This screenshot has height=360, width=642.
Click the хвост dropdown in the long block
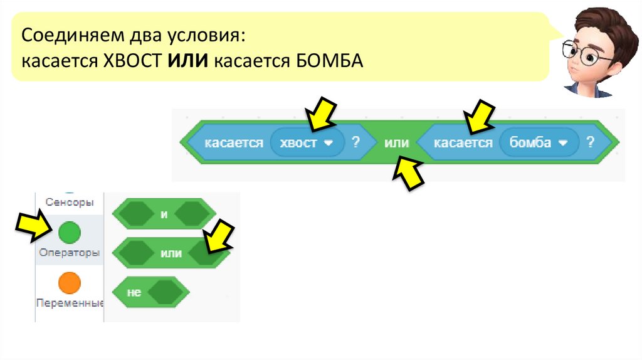pos(307,143)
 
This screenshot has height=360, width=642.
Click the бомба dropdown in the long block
pos(537,143)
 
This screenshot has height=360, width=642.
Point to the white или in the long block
pos(396,143)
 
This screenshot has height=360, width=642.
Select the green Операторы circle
pos(70,233)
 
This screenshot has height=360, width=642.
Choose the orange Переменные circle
pos(70,283)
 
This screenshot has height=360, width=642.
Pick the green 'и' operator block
pos(164,214)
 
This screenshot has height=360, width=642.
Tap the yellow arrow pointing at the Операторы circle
pos(33,227)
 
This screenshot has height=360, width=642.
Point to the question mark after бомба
pos(590,142)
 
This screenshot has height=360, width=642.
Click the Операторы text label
pos(69,253)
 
